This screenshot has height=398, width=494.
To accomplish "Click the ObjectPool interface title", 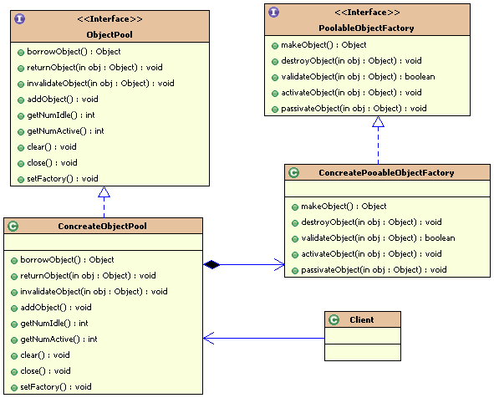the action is (x=109, y=34).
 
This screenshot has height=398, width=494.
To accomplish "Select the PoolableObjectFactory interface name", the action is (x=366, y=28).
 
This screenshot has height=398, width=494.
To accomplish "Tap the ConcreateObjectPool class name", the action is (x=102, y=227).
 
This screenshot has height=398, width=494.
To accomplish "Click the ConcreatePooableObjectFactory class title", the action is (x=386, y=173).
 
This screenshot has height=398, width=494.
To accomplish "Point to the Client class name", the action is (x=362, y=320).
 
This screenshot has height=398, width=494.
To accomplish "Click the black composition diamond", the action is (x=211, y=265).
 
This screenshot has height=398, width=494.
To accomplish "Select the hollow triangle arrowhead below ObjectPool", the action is (x=104, y=192).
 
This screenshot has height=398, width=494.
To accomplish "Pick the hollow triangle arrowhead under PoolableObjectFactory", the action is (x=378, y=121).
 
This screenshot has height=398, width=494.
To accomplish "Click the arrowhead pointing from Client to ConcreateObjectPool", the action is (x=209, y=338).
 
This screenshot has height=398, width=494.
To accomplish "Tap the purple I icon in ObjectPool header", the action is (x=19, y=19).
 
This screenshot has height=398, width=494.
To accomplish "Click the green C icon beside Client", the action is (x=334, y=320).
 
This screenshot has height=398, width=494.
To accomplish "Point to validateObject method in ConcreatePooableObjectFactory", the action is (x=378, y=238).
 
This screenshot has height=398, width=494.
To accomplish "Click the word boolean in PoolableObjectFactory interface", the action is (x=420, y=77).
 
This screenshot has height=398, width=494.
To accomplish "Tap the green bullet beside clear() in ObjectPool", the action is (x=21, y=148).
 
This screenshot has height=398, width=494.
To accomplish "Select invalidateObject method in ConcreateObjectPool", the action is (x=94, y=292).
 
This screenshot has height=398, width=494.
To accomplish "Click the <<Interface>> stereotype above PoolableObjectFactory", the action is (x=367, y=13).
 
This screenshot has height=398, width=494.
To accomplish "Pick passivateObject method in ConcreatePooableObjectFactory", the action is (x=374, y=270).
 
